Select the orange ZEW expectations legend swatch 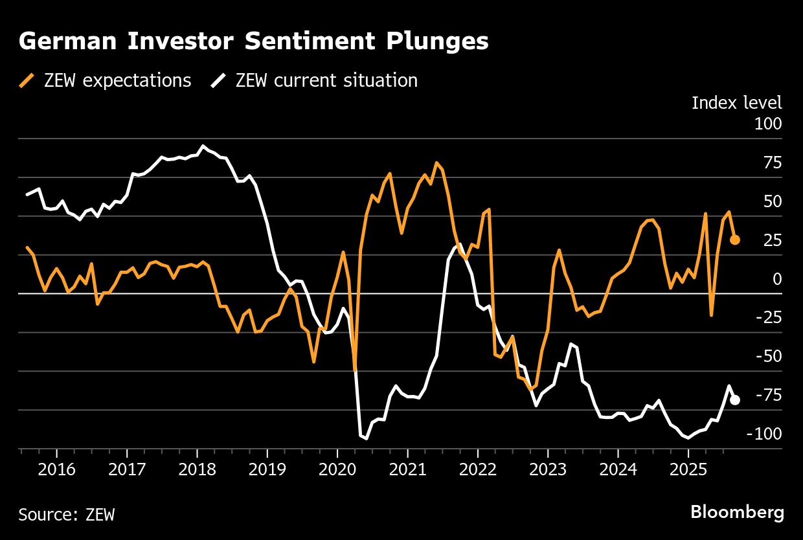(x=27, y=80)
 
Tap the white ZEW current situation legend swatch (x=218, y=80)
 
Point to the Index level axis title (x=736, y=102)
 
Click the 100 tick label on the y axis (x=767, y=123)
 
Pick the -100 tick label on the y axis (x=764, y=434)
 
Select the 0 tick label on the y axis (x=776, y=278)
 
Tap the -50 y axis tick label (x=768, y=356)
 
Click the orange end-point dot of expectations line (x=735, y=240)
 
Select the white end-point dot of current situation (x=735, y=400)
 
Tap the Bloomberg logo (x=737, y=512)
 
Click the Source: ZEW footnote (x=67, y=515)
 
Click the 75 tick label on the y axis (x=772, y=162)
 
